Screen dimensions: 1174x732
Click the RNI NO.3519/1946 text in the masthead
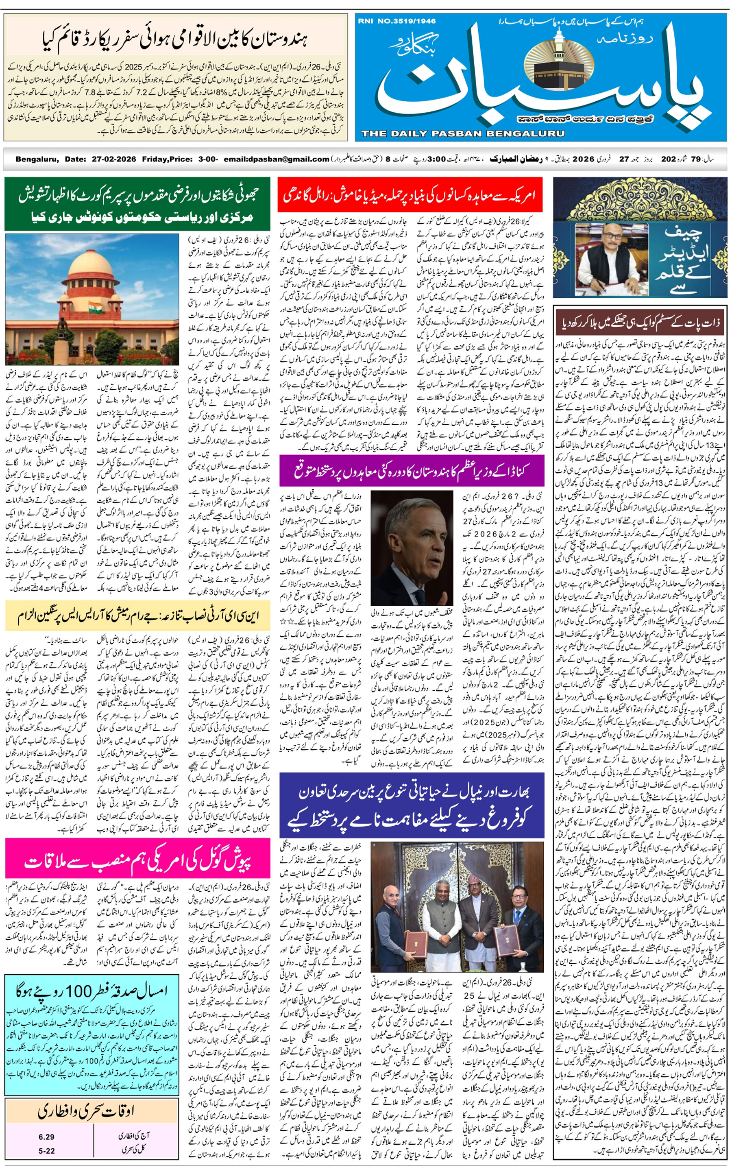(396, 21)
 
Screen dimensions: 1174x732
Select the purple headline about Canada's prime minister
(412, 471)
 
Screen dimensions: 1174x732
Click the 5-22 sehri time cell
(46, 1151)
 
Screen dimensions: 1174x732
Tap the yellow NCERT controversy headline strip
(137, 616)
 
